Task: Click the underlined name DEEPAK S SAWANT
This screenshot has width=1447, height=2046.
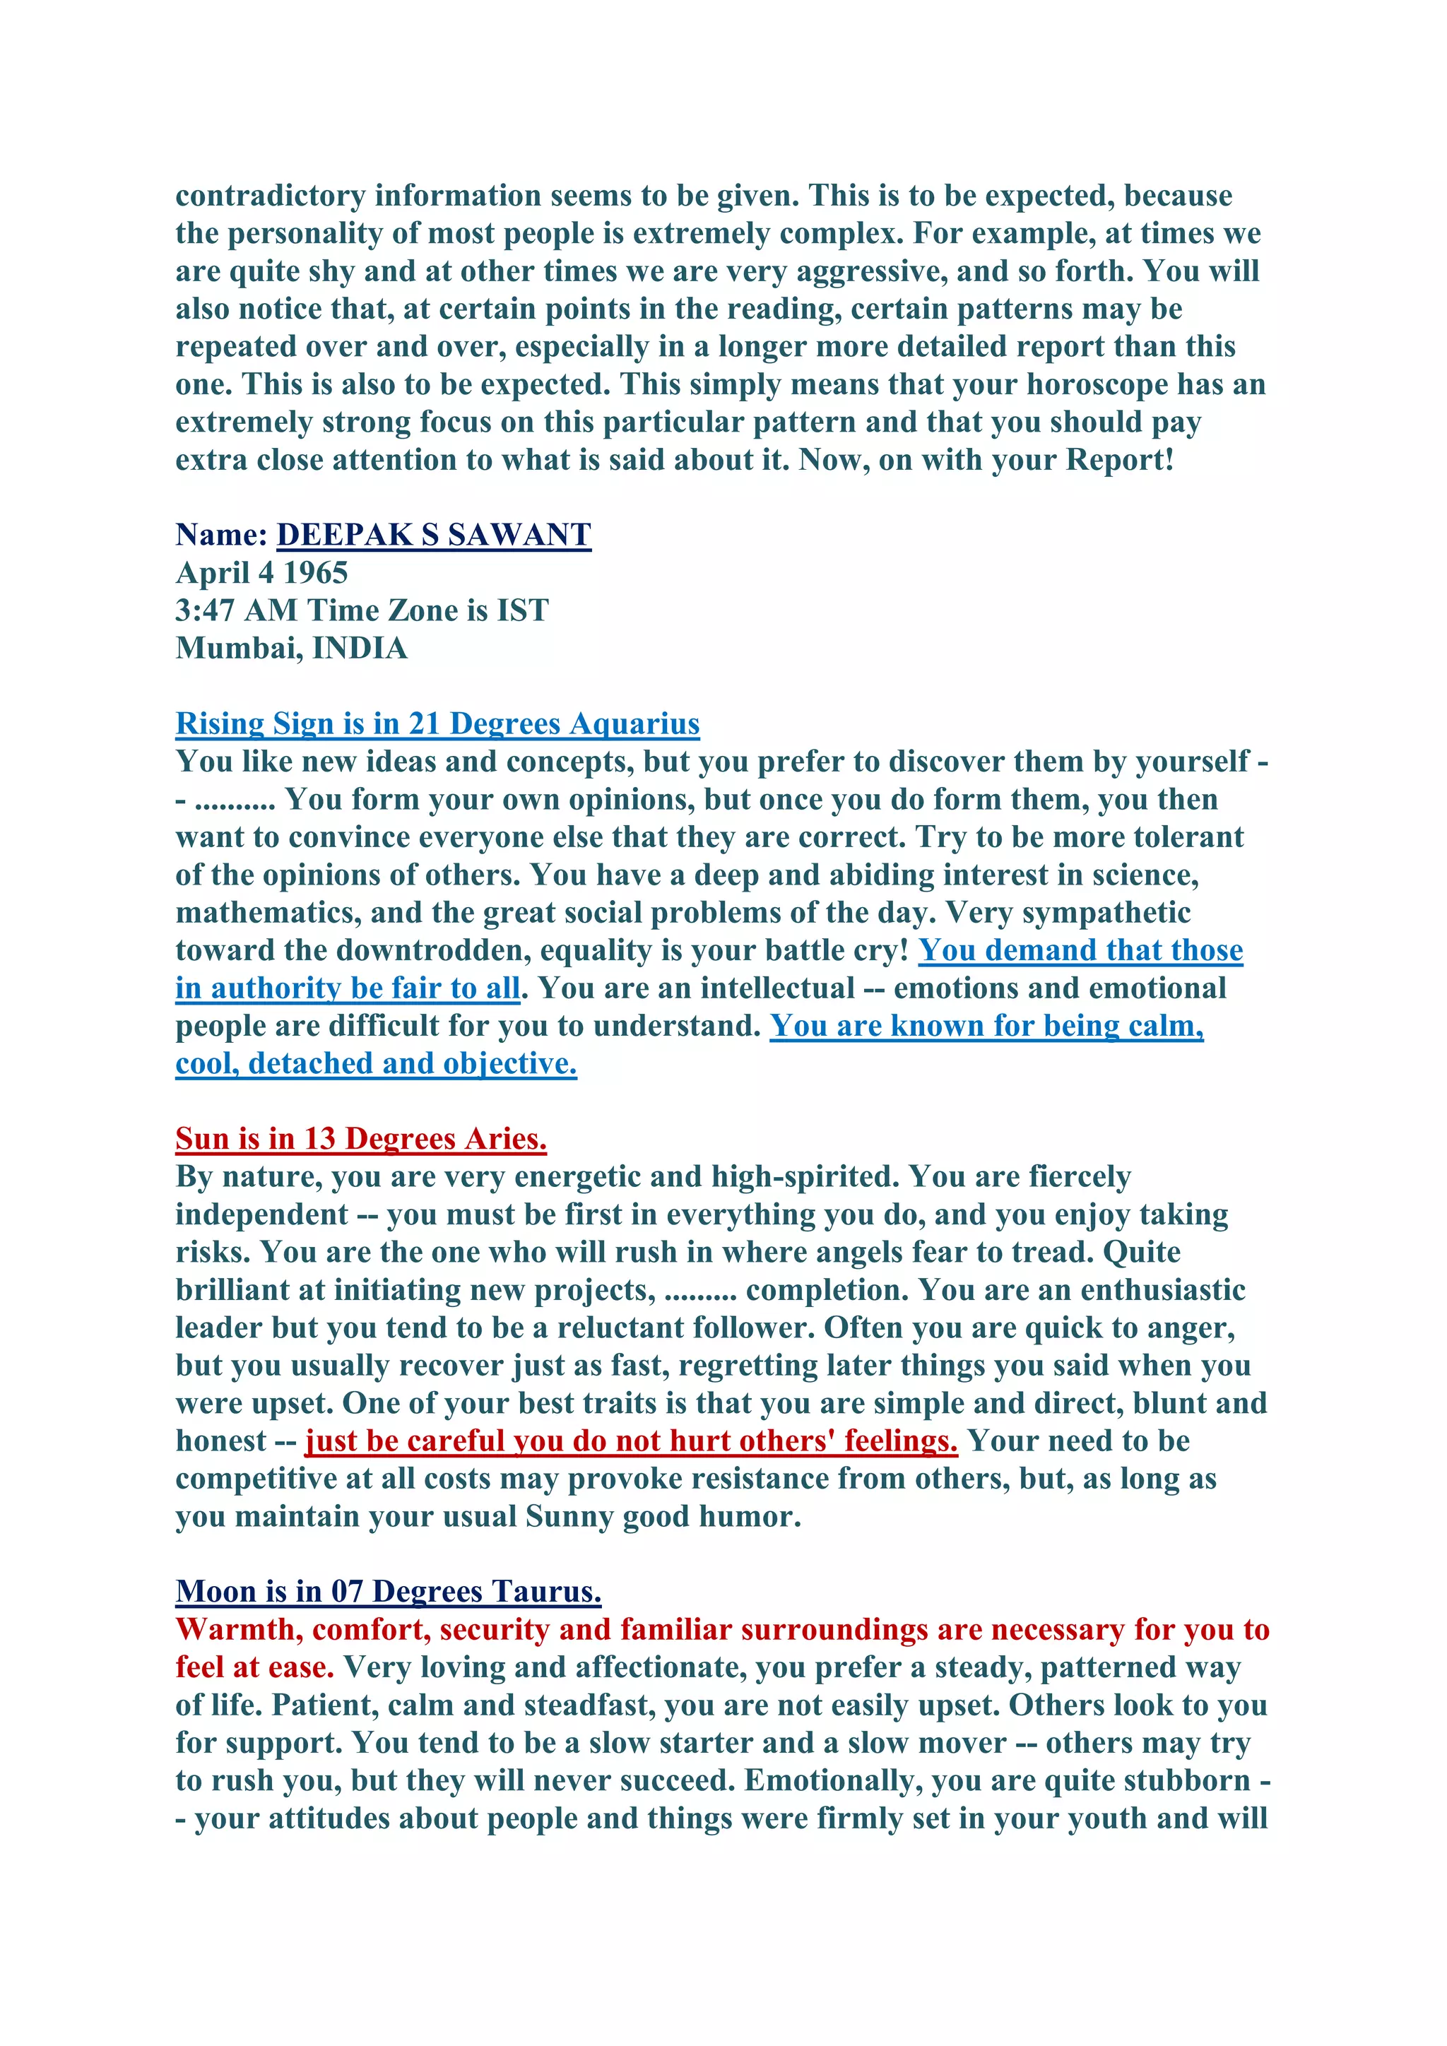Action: tap(434, 535)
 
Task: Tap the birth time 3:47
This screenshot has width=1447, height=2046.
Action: tap(205, 610)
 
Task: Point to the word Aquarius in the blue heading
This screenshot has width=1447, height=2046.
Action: tap(634, 723)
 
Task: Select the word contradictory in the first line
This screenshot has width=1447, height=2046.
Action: tap(270, 195)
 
